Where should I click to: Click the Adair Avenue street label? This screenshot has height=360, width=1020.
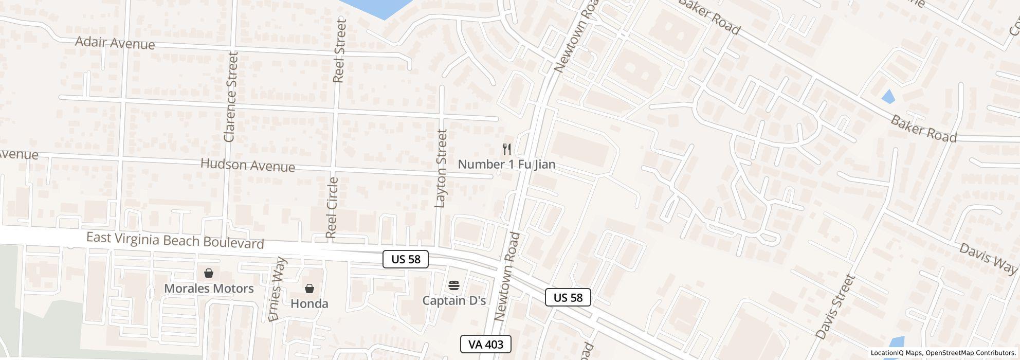pyautogui.click(x=115, y=43)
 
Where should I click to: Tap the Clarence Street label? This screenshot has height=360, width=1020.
pyautogui.click(x=230, y=97)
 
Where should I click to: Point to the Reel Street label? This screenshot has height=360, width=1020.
pyautogui.click(x=339, y=50)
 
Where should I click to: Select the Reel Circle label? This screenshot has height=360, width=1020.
pyautogui.click(x=332, y=208)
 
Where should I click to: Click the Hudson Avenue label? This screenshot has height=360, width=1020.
pyautogui.click(x=247, y=165)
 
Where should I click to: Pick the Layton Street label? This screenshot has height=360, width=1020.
pyautogui.click(x=441, y=168)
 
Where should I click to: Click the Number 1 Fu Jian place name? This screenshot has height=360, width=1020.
pyautogui.click(x=506, y=165)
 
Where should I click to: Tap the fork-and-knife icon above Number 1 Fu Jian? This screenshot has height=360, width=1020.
pyautogui.click(x=507, y=149)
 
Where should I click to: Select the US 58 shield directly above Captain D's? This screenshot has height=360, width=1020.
pyautogui.click(x=406, y=259)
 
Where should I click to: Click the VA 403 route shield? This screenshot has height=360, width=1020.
pyautogui.click(x=485, y=344)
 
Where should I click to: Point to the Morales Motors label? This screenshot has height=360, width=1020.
pyautogui.click(x=209, y=289)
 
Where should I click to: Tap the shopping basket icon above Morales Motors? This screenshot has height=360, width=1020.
pyautogui.click(x=209, y=273)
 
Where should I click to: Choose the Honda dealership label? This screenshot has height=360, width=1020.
pyautogui.click(x=309, y=303)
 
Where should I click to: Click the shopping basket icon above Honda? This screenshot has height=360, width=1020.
pyautogui.click(x=309, y=289)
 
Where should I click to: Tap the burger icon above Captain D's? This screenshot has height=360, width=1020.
pyautogui.click(x=453, y=285)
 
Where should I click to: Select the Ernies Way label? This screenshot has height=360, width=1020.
pyautogui.click(x=277, y=289)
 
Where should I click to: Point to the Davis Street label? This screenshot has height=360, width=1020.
pyautogui.click(x=835, y=307)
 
